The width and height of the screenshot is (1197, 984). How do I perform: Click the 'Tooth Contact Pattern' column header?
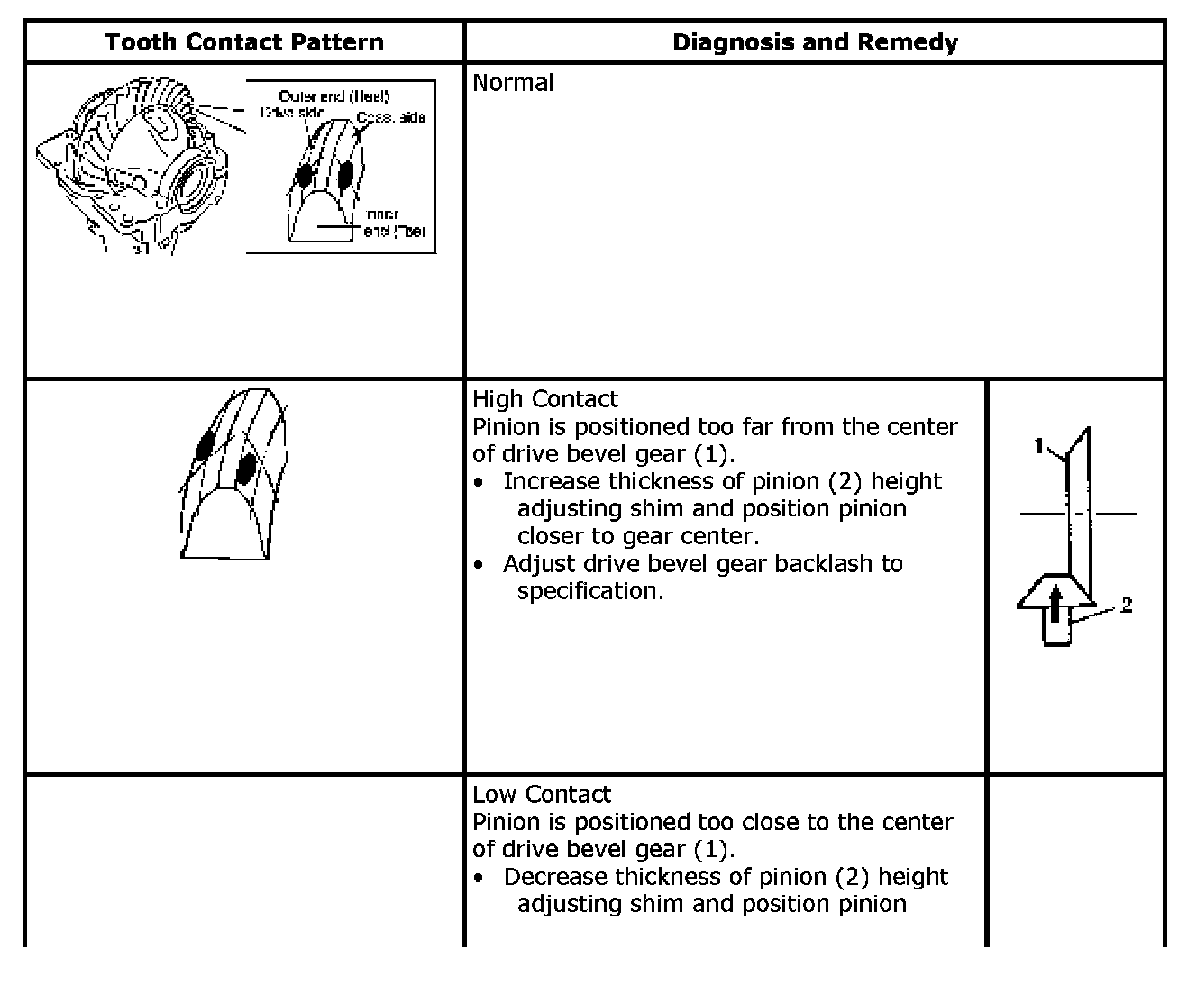point(243,42)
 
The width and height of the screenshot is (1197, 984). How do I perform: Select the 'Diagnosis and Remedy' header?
point(815,42)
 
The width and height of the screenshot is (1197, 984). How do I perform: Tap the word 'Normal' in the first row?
point(513,83)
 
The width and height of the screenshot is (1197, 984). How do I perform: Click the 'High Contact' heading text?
point(545,399)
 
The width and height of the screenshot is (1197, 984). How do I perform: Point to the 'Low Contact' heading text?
point(542,795)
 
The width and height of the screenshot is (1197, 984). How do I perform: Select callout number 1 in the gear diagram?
point(1039,445)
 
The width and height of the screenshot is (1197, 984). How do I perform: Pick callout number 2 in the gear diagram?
point(1127,605)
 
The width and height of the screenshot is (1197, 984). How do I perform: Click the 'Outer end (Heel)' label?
point(334,96)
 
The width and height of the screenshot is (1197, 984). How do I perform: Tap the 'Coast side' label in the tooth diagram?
point(390,117)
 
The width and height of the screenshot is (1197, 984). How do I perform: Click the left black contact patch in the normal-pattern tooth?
point(304,174)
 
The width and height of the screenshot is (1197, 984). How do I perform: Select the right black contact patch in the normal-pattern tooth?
point(345,174)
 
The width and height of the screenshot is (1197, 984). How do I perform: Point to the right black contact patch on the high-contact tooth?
point(244,469)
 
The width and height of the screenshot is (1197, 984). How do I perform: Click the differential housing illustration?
point(135,167)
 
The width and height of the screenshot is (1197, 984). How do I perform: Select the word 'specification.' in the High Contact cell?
point(590,591)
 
